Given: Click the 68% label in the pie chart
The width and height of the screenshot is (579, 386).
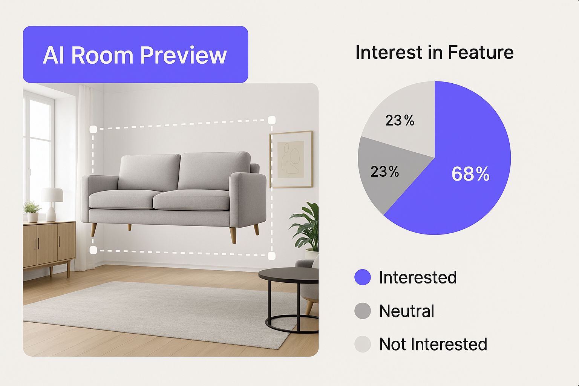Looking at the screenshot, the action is tap(470, 174).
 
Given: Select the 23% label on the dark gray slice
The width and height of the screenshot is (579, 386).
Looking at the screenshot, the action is tap(384, 172).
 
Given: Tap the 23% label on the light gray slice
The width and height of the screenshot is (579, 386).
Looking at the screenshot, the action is tap(400, 120).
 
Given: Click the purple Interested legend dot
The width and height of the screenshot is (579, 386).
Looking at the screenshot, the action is tap(362, 277).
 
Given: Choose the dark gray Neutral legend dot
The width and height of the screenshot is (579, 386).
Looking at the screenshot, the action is tap(362, 311).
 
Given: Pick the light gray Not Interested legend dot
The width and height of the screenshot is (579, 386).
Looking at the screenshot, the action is tap(362, 344).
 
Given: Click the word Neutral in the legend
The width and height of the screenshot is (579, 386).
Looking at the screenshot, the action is tap(407, 311).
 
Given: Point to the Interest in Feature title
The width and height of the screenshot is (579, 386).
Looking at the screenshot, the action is tap(434, 52).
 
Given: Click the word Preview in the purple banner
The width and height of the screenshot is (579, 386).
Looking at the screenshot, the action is tap(183, 55).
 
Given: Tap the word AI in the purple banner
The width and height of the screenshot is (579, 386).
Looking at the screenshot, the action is tap(54, 55).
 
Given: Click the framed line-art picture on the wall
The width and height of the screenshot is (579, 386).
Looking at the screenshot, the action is tap(291, 159).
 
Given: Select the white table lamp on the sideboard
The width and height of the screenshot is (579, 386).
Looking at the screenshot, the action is tap(52, 204).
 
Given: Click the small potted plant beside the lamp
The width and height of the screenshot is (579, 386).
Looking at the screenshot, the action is tap(32, 212).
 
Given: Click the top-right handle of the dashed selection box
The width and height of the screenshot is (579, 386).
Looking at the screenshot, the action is tap(272, 120).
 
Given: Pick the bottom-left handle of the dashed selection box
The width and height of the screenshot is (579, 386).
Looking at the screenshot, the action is tap(93, 250).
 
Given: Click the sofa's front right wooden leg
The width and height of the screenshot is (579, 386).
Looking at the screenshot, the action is tap(233, 235).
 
